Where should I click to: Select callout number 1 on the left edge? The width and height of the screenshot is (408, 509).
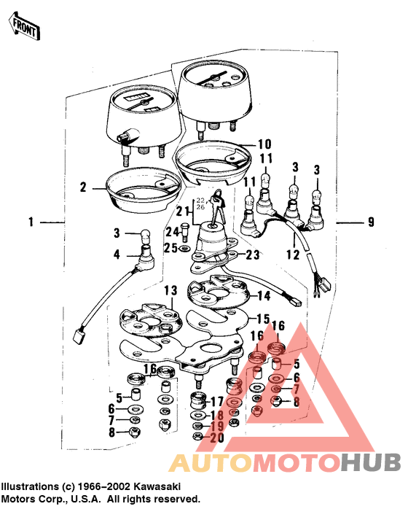(31, 221)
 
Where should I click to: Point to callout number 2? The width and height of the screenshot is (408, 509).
(83, 187)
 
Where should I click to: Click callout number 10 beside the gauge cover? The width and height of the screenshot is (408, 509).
(264, 144)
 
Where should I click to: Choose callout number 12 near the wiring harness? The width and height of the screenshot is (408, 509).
(292, 255)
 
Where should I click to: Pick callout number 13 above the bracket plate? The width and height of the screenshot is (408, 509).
(169, 290)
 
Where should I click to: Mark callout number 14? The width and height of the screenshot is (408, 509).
(263, 296)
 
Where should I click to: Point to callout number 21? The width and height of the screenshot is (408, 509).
(182, 211)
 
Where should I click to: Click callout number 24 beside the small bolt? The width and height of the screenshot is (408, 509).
(173, 232)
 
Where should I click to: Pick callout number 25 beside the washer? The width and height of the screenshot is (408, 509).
(172, 249)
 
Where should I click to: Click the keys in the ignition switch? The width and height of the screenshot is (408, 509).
(219, 199)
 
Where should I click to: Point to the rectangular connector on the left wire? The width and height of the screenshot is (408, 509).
(76, 336)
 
